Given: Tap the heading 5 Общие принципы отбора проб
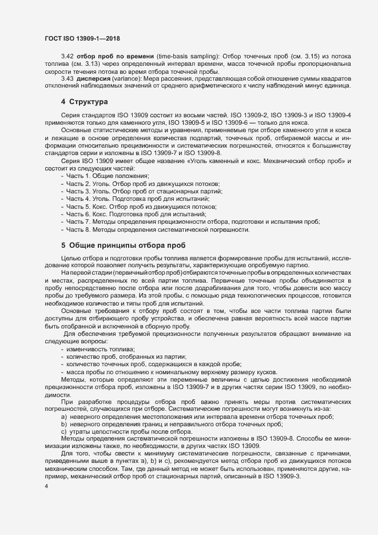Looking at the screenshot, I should click(115, 245).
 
